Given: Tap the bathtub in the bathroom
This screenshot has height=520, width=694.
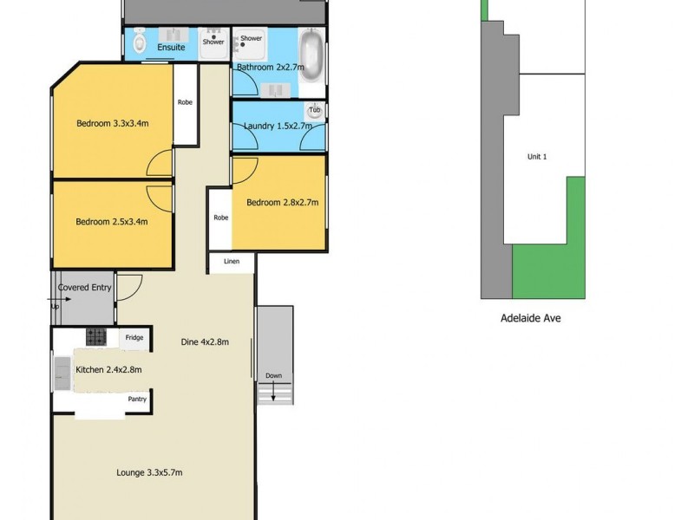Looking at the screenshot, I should click(311, 55).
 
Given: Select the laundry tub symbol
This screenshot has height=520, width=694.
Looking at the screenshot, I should click(315, 112).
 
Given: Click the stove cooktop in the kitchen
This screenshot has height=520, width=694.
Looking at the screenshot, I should click(95, 337).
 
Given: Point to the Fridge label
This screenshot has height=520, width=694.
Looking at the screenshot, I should click(134, 338).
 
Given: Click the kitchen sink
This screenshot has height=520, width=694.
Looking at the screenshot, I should click(63, 374).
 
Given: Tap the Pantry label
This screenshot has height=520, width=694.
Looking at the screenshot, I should click(138, 399).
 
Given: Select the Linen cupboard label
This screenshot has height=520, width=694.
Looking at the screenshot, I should click(231, 261).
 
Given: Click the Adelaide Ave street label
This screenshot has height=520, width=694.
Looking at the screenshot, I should click(531, 318).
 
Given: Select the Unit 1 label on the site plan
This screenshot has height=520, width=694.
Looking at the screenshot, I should click(538, 157).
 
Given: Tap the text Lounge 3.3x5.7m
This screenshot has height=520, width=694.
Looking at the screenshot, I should click(149, 472).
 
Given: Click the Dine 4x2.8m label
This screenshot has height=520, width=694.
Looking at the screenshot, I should click(205, 341).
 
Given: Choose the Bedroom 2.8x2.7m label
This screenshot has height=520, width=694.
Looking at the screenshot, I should click(282, 203).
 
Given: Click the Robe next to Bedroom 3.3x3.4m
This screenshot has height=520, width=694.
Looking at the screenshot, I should click(185, 102).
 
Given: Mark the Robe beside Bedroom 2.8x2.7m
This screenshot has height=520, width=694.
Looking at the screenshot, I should click(221, 218).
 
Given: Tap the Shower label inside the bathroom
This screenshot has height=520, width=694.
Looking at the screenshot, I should click(252, 38).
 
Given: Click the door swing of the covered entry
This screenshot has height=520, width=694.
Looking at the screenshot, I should click(128, 286).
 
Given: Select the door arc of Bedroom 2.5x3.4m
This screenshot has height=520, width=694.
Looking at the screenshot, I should click(160, 195).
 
